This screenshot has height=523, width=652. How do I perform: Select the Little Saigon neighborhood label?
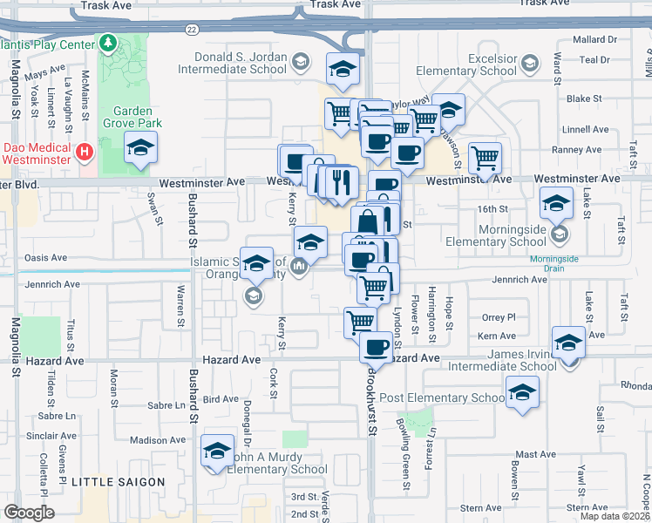118,482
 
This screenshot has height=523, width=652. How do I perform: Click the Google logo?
30,513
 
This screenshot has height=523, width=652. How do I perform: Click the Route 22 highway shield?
191,29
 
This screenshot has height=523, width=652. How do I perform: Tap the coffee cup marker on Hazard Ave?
377,346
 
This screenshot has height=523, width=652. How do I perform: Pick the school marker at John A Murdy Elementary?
217,452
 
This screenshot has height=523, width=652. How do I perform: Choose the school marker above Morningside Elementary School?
556,204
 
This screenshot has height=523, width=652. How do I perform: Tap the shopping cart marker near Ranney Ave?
485,159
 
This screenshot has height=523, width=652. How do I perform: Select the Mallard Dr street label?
596,39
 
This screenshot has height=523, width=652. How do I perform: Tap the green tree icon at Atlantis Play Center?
108,42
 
